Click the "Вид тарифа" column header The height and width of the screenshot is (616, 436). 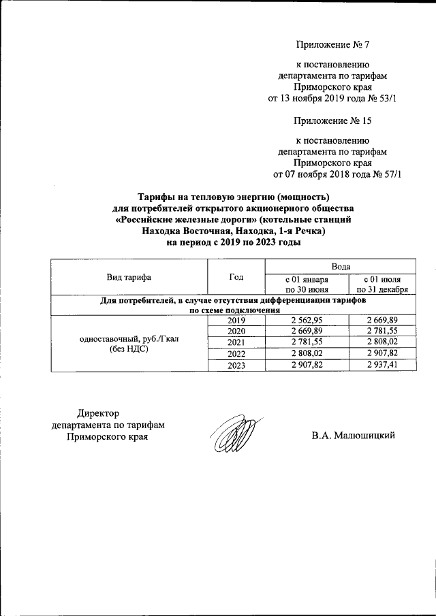point(129,277)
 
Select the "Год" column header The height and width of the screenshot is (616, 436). point(236,277)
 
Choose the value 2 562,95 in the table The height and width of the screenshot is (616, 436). point(307,320)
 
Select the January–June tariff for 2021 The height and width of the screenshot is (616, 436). point(307,342)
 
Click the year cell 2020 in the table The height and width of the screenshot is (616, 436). point(236,331)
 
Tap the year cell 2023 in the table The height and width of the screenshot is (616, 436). point(236,366)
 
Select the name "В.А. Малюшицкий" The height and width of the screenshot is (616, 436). point(354,436)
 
